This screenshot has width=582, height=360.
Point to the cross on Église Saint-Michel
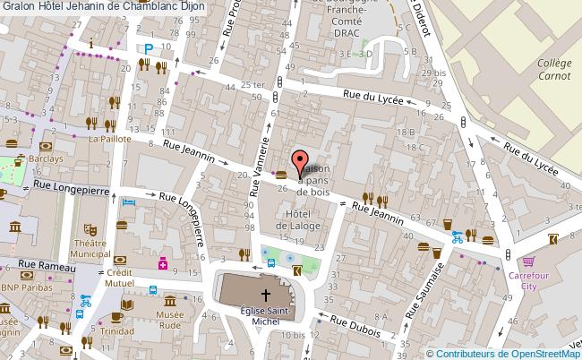click(265, 295)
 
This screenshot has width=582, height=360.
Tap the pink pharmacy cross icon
click(163, 264)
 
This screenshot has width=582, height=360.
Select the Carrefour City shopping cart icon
click(527, 261)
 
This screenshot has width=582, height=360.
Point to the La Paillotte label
click(109, 140)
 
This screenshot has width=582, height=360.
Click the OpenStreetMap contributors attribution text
click(502, 353)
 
